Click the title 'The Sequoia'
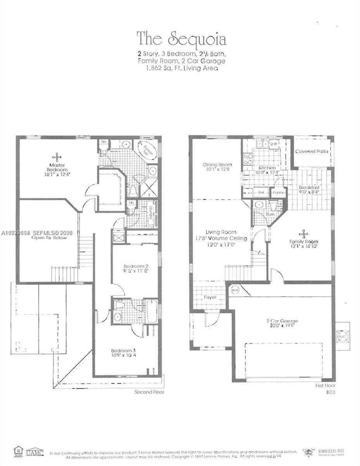coord(181,40)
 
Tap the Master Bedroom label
coord(57,167)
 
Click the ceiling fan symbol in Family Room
coord(304,233)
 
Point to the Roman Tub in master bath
coord(146,153)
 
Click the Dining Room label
coord(218,165)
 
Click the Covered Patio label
coord(312,151)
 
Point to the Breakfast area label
coord(309,188)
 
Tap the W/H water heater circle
coord(235,290)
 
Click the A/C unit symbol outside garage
coord(342,335)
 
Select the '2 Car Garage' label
coord(282,321)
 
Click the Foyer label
coord(209,297)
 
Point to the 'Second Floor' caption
coord(149,392)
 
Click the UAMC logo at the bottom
coord(35,452)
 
